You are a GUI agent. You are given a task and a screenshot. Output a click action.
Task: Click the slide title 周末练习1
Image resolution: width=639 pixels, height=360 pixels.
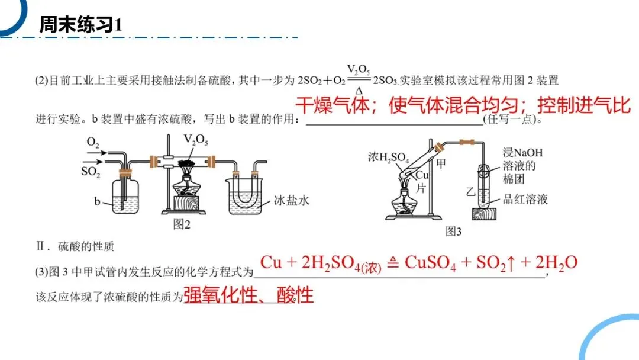(80, 24)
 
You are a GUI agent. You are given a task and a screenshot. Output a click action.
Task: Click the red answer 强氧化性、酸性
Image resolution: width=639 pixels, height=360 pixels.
(248, 294)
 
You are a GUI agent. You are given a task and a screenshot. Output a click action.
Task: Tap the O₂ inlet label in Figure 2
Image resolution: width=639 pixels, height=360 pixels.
(93, 142)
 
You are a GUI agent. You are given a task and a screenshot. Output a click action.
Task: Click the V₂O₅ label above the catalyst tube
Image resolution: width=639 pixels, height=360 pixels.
(196, 140)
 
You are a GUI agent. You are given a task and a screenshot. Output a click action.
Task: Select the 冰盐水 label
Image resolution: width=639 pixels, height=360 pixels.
(292, 201)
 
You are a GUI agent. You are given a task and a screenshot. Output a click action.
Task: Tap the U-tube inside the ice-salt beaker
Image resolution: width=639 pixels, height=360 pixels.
(246, 195)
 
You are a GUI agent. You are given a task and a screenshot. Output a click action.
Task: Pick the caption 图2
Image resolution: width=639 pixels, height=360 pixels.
(181, 224)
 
